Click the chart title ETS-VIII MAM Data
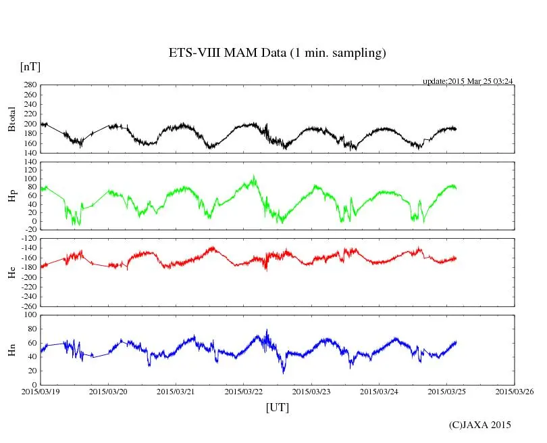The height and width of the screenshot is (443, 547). point(277,53)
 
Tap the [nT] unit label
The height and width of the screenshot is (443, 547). point(30,66)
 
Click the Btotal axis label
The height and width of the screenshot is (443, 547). point(11,119)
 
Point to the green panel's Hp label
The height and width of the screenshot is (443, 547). point(11,197)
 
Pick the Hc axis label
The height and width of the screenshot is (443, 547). point(11,273)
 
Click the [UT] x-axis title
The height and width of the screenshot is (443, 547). point(277,407)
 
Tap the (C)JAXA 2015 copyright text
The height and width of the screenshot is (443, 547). point(480,425)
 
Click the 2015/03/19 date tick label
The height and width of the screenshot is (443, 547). point(40,391)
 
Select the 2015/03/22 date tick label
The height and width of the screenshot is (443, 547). point(244,391)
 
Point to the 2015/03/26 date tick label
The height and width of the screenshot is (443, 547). point(515,391)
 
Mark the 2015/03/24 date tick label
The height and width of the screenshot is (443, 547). point(379,391)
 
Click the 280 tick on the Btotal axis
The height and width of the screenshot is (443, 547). point(29,85)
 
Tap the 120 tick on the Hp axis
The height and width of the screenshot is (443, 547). point(29,162)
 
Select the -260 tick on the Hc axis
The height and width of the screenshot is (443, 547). point(27,306)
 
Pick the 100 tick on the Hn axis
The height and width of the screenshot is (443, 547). point(29,315)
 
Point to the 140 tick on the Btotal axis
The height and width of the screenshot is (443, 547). point(29,153)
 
